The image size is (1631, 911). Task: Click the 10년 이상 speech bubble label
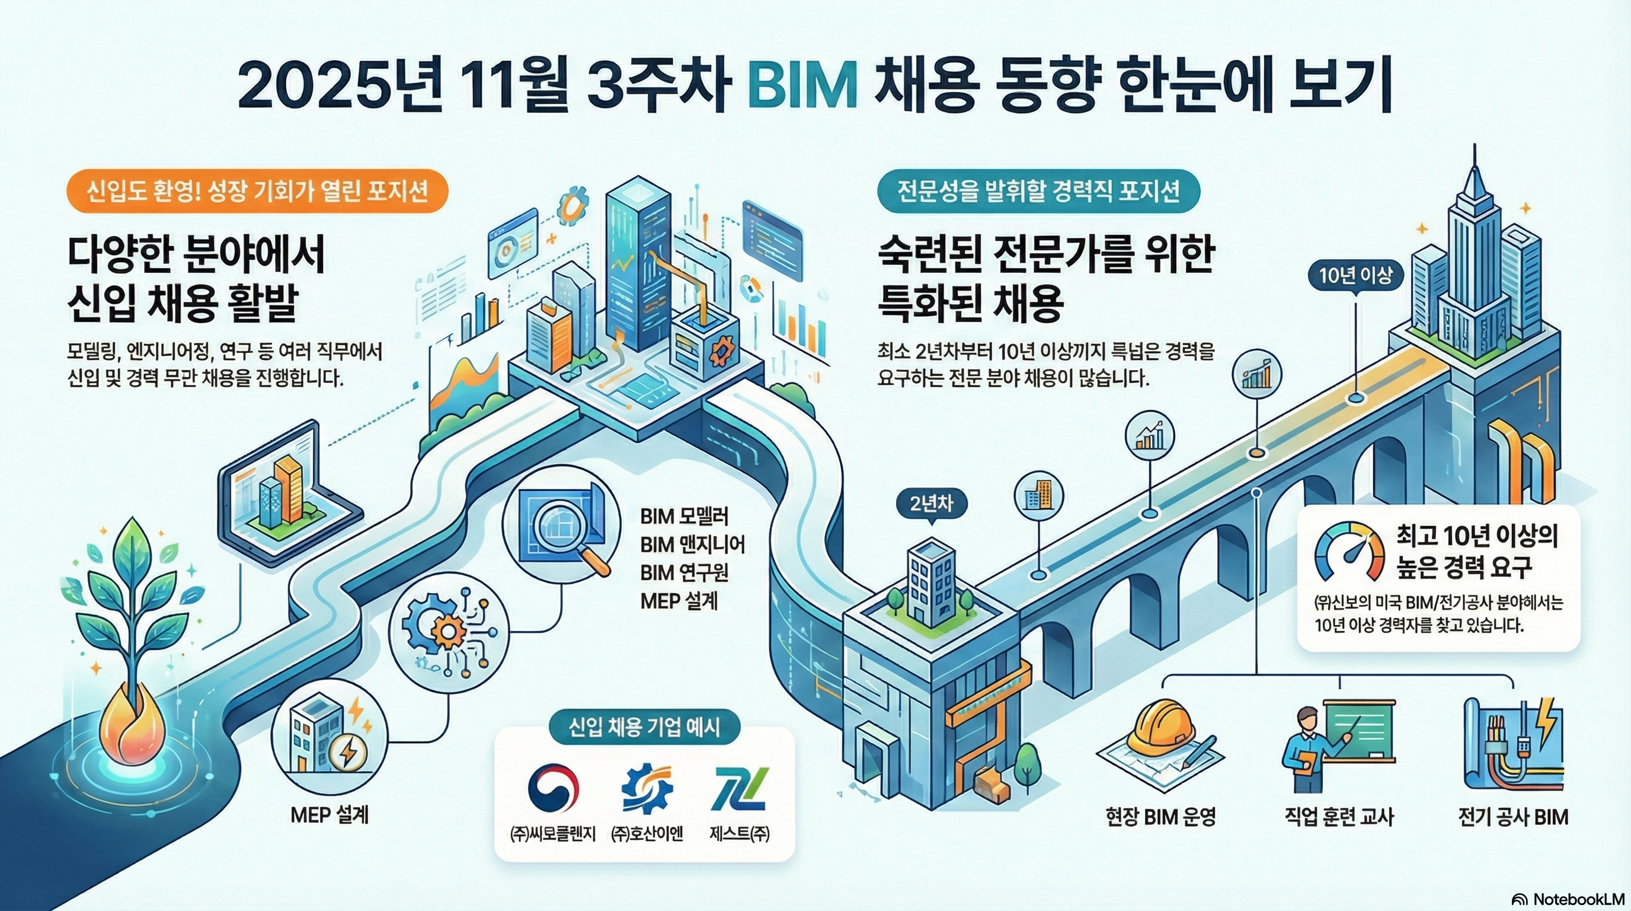[x=1355, y=276]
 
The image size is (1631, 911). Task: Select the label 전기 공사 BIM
[x=1513, y=817]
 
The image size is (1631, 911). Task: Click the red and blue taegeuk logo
[x=553, y=789]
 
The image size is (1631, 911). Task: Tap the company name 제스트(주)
[x=740, y=834]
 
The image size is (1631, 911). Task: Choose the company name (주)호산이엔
[x=647, y=834]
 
